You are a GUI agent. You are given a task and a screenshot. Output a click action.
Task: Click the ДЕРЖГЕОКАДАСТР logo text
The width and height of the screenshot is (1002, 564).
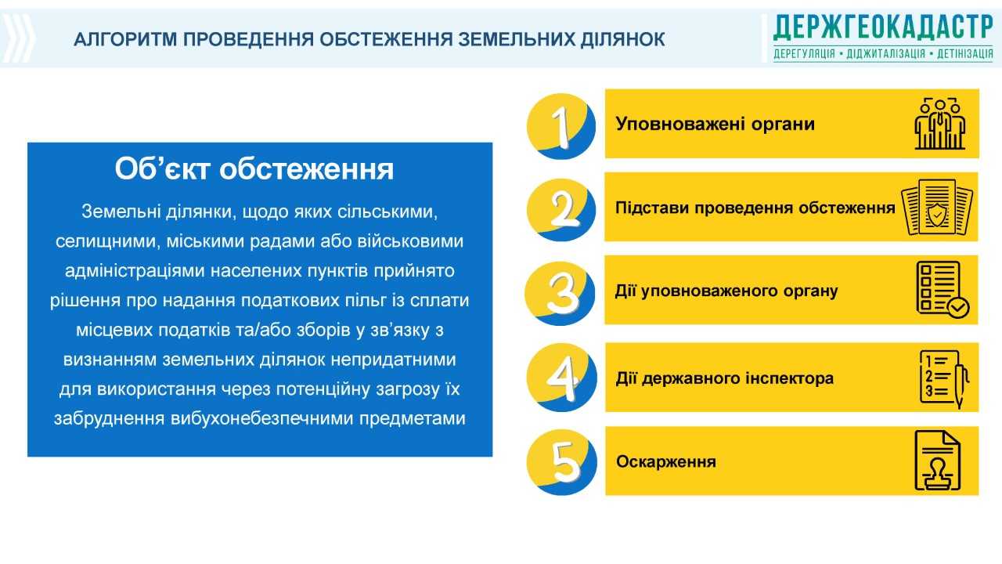[x=883, y=27]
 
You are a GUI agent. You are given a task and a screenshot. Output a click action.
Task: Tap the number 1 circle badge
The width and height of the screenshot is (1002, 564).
[x=561, y=126]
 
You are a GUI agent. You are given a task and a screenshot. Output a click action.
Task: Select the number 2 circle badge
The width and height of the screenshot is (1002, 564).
[x=561, y=210]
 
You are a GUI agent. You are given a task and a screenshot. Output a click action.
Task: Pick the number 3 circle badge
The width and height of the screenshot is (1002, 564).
[x=560, y=293]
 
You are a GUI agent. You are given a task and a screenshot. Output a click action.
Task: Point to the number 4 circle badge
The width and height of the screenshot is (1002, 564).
[x=562, y=378]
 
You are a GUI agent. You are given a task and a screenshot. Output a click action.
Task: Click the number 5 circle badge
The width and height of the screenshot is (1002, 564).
[x=562, y=462]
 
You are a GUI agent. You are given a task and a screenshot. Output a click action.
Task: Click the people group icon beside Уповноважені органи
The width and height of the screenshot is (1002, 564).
[x=940, y=124]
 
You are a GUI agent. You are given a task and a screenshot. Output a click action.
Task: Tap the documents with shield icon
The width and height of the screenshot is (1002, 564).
[x=937, y=208]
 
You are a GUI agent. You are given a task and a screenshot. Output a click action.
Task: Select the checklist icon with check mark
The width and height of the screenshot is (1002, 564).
[x=942, y=290]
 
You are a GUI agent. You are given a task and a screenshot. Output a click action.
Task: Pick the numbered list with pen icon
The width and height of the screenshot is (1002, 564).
[x=944, y=378]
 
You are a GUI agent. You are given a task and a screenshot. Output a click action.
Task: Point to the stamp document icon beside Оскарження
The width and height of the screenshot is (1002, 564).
[x=938, y=461]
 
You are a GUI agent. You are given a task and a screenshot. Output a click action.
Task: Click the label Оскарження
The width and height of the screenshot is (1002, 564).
[x=665, y=462]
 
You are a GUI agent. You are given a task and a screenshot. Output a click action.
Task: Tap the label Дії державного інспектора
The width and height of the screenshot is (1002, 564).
[x=725, y=378]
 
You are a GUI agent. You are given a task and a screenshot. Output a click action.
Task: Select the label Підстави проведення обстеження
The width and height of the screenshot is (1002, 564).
[x=755, y=208]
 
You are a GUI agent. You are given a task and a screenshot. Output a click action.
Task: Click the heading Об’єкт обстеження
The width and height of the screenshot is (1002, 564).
[x=254, y=168]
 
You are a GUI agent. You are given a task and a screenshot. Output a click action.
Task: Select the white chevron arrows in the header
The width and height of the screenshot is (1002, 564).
[x=18, y=38]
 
